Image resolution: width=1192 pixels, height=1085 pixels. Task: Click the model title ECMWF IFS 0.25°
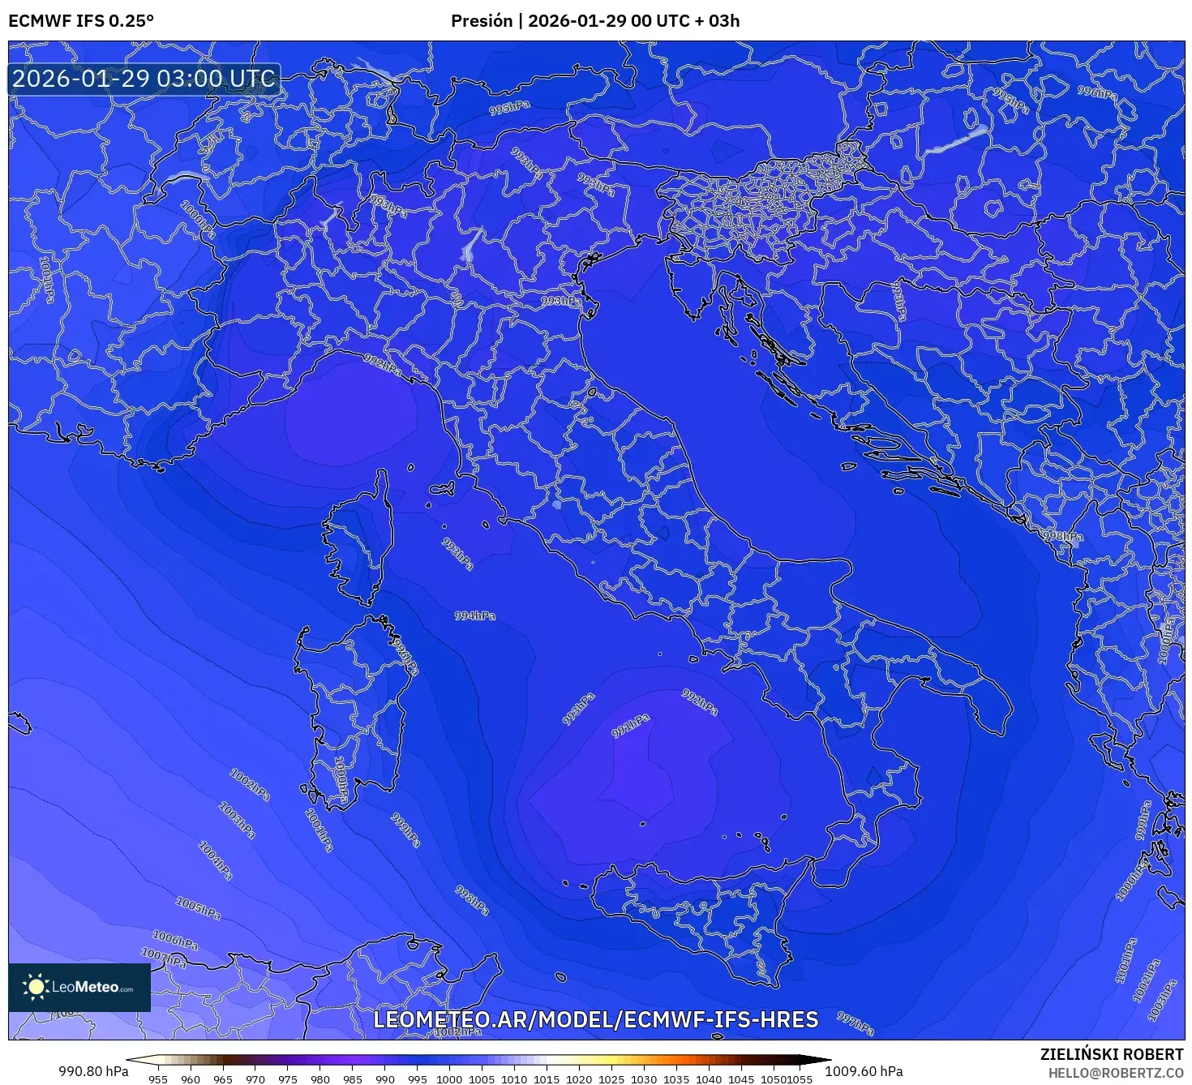coord(80,21)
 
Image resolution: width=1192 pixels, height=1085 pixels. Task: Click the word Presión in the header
coord(482,21)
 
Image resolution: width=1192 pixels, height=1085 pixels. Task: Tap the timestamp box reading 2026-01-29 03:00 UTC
coord(144,79)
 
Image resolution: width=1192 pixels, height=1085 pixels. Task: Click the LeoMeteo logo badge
coord(79,987)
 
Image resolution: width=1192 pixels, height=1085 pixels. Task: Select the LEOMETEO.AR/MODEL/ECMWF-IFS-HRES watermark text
coord(595,1020)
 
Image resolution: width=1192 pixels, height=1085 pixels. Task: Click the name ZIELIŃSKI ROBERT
coord(1111,1054)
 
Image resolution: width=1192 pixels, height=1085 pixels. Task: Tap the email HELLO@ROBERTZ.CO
coord(1115,1073)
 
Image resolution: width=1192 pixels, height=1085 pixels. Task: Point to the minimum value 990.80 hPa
coord(93,1071)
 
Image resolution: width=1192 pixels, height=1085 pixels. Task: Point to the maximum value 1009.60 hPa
coord(864,1071)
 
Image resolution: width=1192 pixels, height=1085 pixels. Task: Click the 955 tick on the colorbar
coord(158,1079)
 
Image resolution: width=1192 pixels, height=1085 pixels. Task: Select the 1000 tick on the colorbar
coord(449,1079)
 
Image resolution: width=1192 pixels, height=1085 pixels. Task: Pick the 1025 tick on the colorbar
coord(611,1079)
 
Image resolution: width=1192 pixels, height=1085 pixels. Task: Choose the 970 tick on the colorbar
coord(255,1079)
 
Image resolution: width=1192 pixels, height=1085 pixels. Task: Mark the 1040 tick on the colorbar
coord(709,1079)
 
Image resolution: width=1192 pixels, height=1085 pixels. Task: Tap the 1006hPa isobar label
coord(175,941)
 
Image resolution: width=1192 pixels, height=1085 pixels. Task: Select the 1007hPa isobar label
coord(164,958)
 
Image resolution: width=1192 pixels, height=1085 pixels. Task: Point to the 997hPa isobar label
coord(855,1023)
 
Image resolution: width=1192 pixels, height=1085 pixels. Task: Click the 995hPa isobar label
coord(510,108)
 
